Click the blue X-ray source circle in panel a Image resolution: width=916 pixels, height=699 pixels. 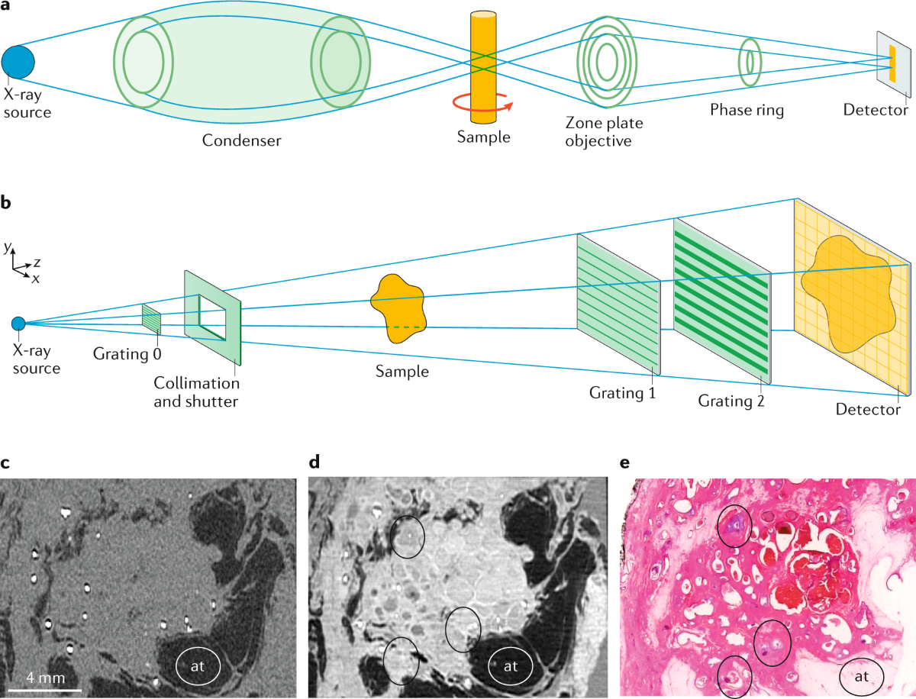[x=18, y=62]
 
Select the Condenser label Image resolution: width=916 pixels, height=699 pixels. [x=241, y=140]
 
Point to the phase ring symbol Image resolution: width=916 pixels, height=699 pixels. [x=748, y=62]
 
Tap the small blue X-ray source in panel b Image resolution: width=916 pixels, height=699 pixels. [x=18, y=324]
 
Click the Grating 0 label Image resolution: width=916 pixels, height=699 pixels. [x=127, y=355]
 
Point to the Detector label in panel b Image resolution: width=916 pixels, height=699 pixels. [x=868, y=410]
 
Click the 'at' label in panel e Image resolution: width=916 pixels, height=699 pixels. [x=861, y=675]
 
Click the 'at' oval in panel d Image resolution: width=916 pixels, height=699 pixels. [x=511, y=665]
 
